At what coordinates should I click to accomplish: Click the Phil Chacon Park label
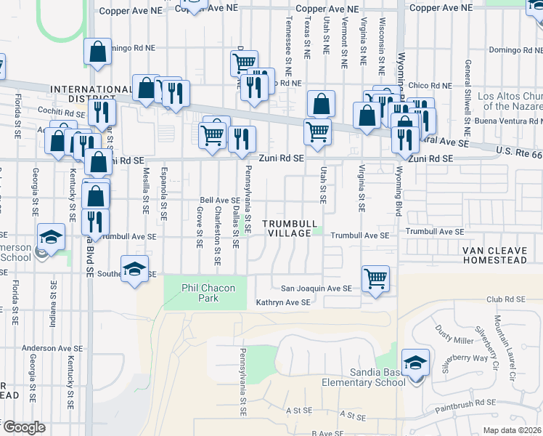[x=208, y=293]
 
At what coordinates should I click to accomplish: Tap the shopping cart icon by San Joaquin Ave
[x=375, y=278]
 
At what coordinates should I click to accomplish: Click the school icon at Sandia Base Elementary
[x=415, y=362]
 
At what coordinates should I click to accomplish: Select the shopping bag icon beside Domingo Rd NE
[x=97, y=52]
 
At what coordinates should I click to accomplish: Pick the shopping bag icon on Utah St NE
[x=321, y=103]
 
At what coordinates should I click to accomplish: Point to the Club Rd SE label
[x=505, y=299]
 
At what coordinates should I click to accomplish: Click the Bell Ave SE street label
[x=220, y=200]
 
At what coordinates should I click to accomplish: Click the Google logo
[x=23, y=427]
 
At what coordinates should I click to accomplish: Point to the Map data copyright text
[x=512, y=430]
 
